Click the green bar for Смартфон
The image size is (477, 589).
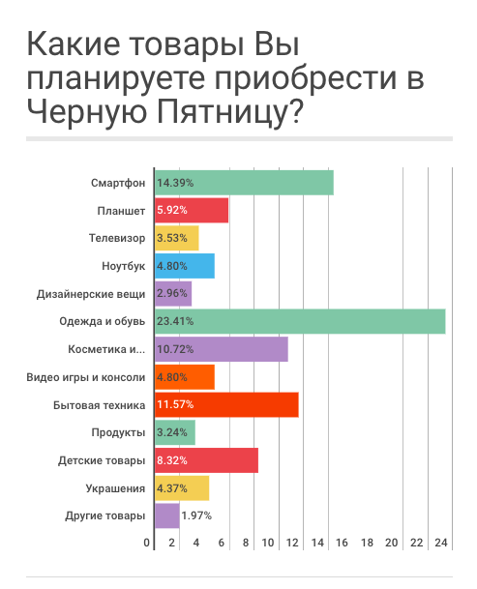pos(244,183)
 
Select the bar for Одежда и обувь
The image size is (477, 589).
pos(300,321)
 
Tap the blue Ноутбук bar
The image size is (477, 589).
pos(185,266)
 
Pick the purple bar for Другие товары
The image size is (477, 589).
pos(166,515)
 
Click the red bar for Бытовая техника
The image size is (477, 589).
pos(226,404)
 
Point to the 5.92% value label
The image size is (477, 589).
pos(172,210)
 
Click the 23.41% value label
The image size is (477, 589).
pos(175,321)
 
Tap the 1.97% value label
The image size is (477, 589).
pos(196,515)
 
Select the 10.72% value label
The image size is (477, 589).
pos(175,349)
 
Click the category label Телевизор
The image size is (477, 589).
pos(117,238)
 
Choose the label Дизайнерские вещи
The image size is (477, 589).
pos(91,294)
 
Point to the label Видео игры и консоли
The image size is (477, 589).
pos(86,377)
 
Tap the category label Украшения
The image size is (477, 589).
pos(115,488)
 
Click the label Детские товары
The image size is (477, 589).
pos(102,460)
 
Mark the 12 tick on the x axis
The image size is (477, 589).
pos(292,543)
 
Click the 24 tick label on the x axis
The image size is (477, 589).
pos(441,543)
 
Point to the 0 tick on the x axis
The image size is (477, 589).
pos(147,543)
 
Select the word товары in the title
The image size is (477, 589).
pos(187,45)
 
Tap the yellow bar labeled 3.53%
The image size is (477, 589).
pos(177,238)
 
